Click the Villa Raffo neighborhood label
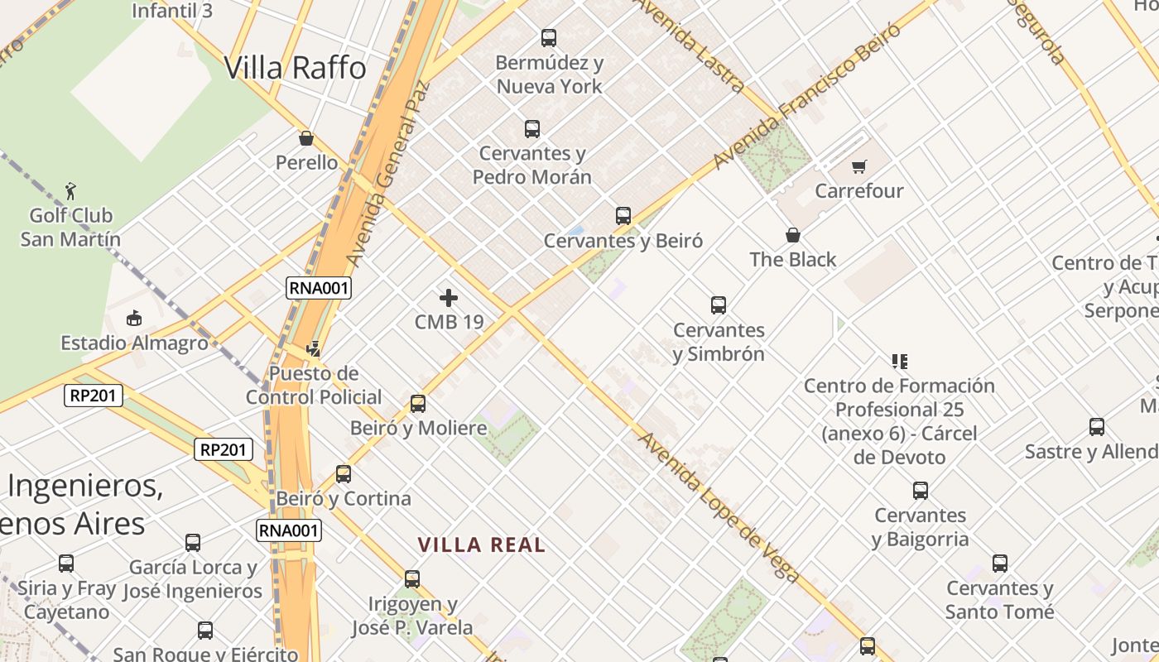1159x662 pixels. (295, 67)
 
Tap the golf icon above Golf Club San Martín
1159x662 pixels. (70, 191)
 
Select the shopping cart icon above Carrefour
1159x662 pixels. (859, 167)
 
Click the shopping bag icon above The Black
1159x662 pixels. (793, 235)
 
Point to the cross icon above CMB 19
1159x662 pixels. (449, 298)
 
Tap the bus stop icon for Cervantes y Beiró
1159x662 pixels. (623, 216)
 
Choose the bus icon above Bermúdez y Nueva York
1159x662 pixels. (549, 37)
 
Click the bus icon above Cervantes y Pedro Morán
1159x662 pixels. (532, 129)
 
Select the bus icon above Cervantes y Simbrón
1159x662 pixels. (719, 305)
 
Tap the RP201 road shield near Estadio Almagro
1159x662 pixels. (94, 396)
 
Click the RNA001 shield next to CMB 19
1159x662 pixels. (319, 288)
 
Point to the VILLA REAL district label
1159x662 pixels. (482, 544)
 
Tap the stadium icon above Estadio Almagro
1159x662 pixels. (134, 318)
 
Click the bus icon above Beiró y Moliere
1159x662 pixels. (418, 404)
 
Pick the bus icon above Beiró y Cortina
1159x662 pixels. (344, 474)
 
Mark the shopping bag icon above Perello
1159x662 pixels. (306, 138)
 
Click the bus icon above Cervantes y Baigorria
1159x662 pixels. (921, 491)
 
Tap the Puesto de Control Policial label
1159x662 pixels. (314, 386)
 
